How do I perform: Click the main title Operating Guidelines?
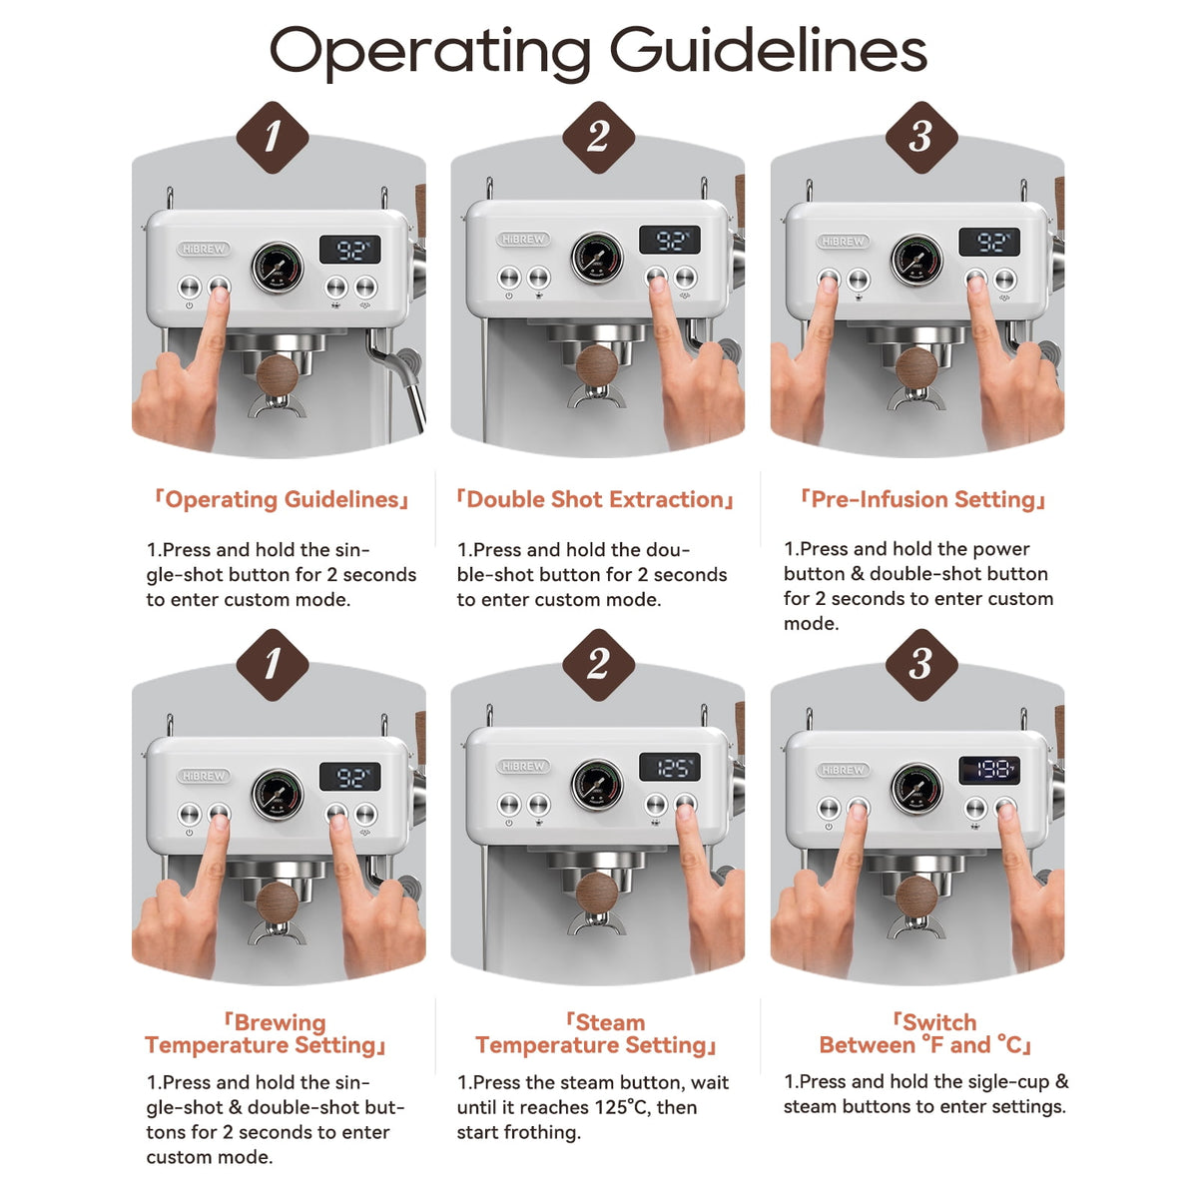point(598,52)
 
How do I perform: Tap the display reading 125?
point(670,767)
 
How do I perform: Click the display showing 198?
point(989,770)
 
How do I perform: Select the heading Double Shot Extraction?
point(595,499)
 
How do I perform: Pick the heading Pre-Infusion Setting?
point(923,499)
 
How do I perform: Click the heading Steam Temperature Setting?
point(596,1034)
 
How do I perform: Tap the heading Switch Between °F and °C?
point(924,1034)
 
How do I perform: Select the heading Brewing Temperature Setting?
point(266,1034)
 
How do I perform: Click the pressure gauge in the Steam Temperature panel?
point(597,785)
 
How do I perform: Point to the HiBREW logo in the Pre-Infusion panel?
point(843,242)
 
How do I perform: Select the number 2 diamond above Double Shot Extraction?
point(598,138)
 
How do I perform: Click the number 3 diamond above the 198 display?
point(921,665)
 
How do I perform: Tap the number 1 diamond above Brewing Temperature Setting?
point(273,665)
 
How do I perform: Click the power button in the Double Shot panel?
point(508,277)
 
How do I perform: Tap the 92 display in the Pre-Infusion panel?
point(989,242)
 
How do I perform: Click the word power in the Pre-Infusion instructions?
point(1001,550)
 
